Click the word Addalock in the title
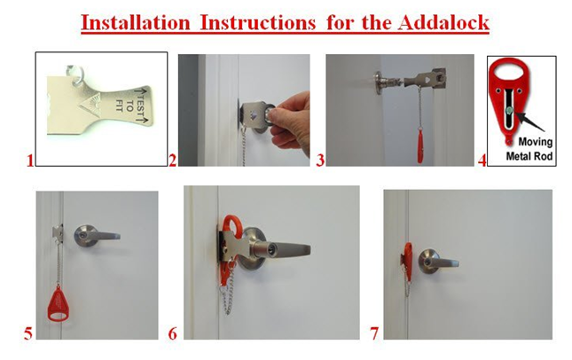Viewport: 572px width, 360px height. point(443,23)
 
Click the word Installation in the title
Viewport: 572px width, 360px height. point(136,23)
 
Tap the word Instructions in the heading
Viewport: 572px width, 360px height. point(258,23)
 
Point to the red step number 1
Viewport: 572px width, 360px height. point(29,160)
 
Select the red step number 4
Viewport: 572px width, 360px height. point(482,160)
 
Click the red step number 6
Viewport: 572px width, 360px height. point(173,333)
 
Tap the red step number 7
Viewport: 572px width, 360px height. point(374,333)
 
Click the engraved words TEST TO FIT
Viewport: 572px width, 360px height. point(130,105)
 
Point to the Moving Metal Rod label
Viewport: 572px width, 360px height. point(529,149)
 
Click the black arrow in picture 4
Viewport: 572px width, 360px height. point(529,121)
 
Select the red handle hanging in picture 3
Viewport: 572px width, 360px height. point(420,147)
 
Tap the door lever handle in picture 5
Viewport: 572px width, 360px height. point(97,236)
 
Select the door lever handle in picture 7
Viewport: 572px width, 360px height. point(438,262)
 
